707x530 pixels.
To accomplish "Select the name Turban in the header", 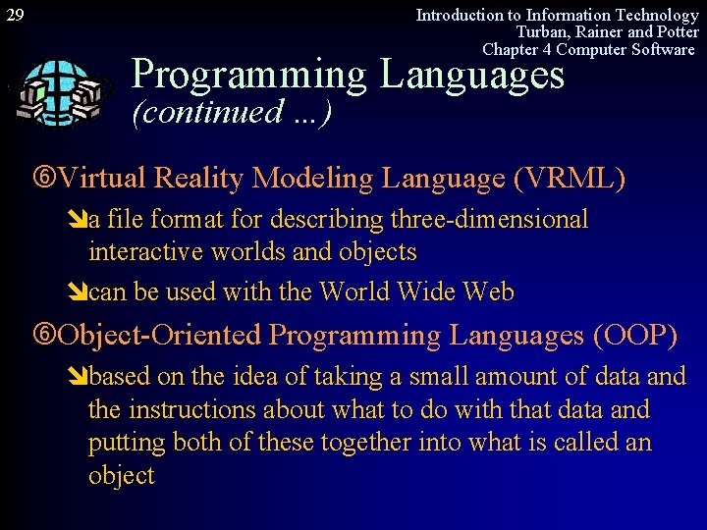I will [x=542, y=31].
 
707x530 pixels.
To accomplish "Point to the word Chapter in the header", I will [x=511, y=49].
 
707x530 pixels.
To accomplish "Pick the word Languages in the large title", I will [x=472, y=75].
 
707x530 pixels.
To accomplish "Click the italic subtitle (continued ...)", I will [x=232, y=112].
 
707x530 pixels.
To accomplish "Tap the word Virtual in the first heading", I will [x=101, y=178].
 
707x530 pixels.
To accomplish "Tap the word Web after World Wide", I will [x=488, y=291].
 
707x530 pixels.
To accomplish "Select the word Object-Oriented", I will [x=160, y=335].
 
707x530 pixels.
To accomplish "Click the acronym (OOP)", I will [x=634, y=335].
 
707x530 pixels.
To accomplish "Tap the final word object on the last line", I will [x=122, y=476].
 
